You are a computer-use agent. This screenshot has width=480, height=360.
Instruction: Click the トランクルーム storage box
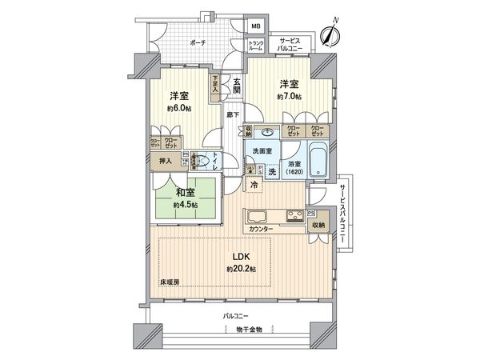(x=256, y=45)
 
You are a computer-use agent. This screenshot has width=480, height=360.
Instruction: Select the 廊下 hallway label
(x=232, y=116)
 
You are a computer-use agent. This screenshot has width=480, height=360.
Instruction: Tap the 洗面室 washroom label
(x=263, y=152)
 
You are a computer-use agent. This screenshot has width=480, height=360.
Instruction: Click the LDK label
(x=242, y=257)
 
